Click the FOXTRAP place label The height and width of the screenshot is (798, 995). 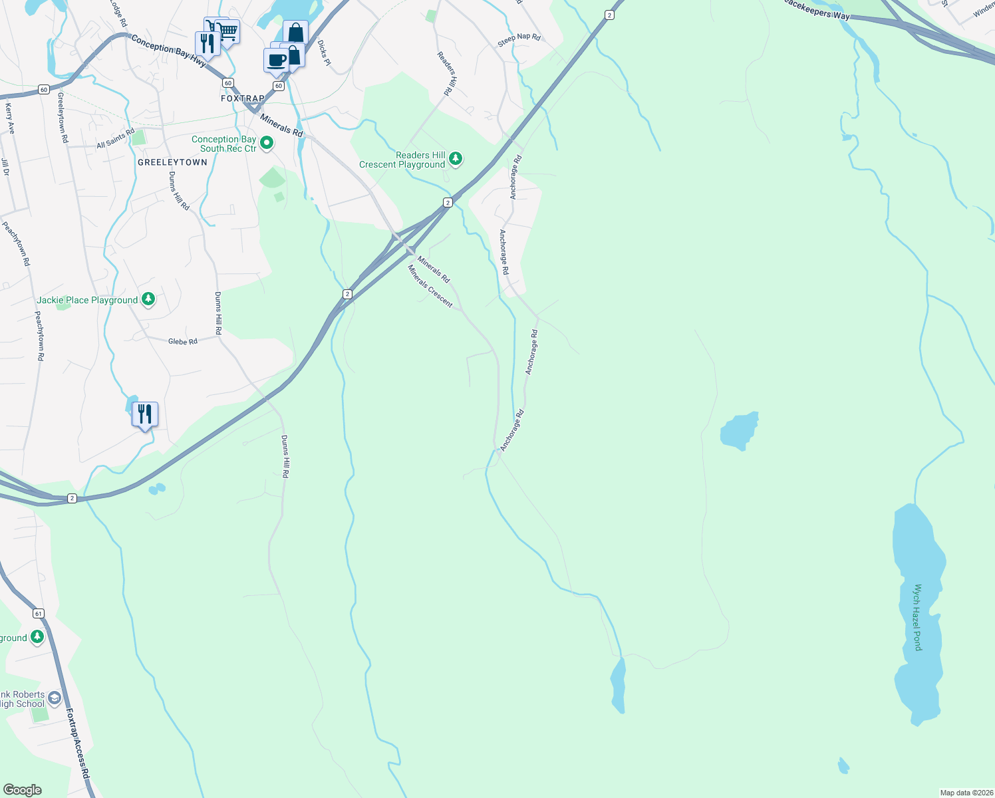(243, 98)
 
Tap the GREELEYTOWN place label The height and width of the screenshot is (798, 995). (172, 162)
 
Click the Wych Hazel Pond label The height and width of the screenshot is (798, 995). (918, 617)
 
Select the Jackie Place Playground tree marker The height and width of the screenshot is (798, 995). (148, 299)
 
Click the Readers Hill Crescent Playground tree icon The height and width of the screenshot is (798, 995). (456, 158)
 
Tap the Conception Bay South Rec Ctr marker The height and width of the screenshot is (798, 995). (267, 143)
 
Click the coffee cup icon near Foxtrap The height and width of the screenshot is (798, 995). (276, 61)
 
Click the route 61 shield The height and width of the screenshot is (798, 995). (38, 613)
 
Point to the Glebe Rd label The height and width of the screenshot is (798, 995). (182, 341)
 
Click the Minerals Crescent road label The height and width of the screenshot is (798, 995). (430, 286)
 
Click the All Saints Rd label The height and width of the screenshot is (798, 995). (115, 139)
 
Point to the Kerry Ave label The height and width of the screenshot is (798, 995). (9, 118)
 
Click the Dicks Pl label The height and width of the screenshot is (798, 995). (324, 53)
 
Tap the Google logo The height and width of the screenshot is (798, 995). (22, 789)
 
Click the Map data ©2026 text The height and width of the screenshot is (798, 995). (964, 793)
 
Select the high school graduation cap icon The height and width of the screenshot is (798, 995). (55, 698)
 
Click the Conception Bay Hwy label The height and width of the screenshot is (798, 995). (169, 51)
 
